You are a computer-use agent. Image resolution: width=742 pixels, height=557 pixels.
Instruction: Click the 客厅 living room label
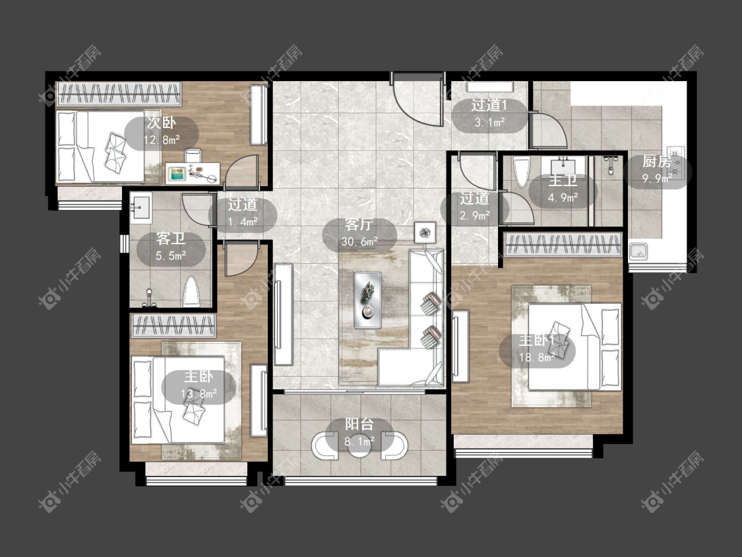click(x=359, y=224)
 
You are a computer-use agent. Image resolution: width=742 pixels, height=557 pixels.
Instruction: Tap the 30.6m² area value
click(x=359, y=242)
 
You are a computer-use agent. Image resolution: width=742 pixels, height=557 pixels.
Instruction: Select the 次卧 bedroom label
click(x=161, y=123)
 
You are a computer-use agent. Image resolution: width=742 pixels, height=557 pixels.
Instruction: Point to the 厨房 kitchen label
click(x=657, y=162)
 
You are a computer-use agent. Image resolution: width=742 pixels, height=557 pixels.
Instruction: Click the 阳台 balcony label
click(x=359, y=424)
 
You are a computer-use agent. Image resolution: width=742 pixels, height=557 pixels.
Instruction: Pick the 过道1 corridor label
click(x=489, y=105)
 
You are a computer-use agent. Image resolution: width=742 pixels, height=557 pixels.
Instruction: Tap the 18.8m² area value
click(x=537, y=358)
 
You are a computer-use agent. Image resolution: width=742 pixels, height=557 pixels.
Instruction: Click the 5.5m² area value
click(x=171, y=256)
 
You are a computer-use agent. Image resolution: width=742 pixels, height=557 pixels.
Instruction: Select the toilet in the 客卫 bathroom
click(x=191, y=291)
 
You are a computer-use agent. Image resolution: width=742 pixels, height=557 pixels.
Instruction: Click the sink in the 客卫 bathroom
click(x=141, y=207)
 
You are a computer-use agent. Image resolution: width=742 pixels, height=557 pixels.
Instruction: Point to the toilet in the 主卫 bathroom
click(x=522, y=172)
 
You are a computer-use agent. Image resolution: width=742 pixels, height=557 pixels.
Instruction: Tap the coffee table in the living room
click(x=367, y=300)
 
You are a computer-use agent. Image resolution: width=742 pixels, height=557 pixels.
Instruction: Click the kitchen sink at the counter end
click(x=638, y=252)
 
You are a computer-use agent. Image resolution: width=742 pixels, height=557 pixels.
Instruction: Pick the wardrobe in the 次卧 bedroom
click(x=119, y=94)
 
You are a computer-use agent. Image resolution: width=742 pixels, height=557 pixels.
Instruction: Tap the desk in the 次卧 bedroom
click(x=193, y=172)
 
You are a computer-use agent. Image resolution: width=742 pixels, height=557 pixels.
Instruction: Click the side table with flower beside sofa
click(x=425, y=232)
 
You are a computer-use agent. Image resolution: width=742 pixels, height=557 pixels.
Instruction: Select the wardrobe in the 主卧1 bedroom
click(x=563, y=244)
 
